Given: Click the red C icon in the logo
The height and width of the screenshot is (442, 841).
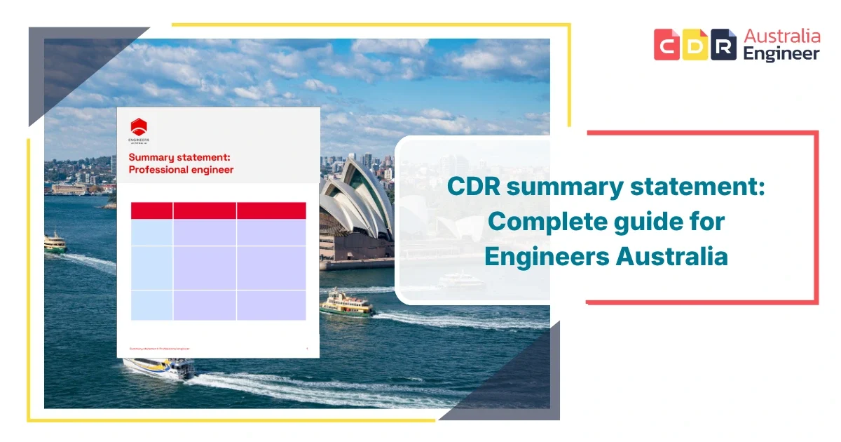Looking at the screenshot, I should pos(666,44).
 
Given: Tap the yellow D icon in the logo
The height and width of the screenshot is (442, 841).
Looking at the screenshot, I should pos(695,44).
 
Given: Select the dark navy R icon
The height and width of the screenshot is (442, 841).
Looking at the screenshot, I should pos(723,44).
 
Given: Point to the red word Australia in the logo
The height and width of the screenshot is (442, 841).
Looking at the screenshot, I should pos(782,35).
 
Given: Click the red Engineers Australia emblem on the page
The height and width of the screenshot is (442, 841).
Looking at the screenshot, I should pos(139,128).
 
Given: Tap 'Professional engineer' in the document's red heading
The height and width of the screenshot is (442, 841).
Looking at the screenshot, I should pos(181,170).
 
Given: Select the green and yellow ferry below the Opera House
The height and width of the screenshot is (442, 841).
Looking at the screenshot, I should pos(347,303).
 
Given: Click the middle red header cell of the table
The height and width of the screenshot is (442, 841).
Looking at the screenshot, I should pos(205,210).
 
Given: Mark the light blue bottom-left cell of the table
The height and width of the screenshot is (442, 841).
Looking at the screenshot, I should pos(151,305).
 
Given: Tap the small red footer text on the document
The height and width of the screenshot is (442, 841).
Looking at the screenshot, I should pos(159,349).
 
